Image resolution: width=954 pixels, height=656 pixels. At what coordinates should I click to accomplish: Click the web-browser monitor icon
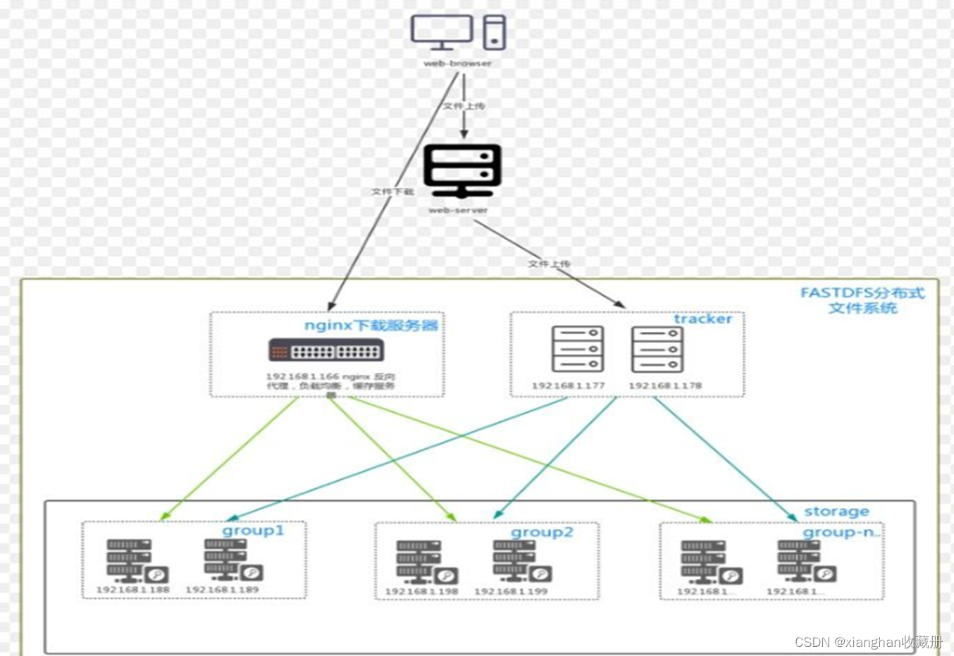441,32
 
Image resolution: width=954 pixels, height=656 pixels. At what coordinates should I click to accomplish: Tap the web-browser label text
457,63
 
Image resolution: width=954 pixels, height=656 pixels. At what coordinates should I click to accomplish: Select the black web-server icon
462,170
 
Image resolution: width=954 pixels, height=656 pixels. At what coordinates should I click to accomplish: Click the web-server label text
458,210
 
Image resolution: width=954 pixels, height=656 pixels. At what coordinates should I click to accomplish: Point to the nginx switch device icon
326,350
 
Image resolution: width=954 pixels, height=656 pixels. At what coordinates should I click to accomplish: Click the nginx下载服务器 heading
371,326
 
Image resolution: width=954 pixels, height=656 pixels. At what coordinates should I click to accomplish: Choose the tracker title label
702,319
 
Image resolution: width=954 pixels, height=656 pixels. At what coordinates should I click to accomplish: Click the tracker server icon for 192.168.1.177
577,349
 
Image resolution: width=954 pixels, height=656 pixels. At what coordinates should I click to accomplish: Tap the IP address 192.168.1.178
664,385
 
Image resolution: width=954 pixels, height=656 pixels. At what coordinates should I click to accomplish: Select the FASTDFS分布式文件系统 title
862,300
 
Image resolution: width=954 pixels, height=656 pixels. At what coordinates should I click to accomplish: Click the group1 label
253,531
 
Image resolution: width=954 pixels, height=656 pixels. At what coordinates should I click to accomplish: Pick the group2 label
542,533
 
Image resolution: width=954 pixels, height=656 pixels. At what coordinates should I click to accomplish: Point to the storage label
836,512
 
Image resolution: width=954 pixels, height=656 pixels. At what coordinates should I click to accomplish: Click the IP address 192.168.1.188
132,589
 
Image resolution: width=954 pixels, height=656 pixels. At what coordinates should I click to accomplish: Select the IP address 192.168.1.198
421,591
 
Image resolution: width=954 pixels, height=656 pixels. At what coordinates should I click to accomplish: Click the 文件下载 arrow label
392,192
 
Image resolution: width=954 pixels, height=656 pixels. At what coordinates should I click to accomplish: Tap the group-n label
841,533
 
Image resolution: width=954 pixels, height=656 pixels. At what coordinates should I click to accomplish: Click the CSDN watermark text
868,642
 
